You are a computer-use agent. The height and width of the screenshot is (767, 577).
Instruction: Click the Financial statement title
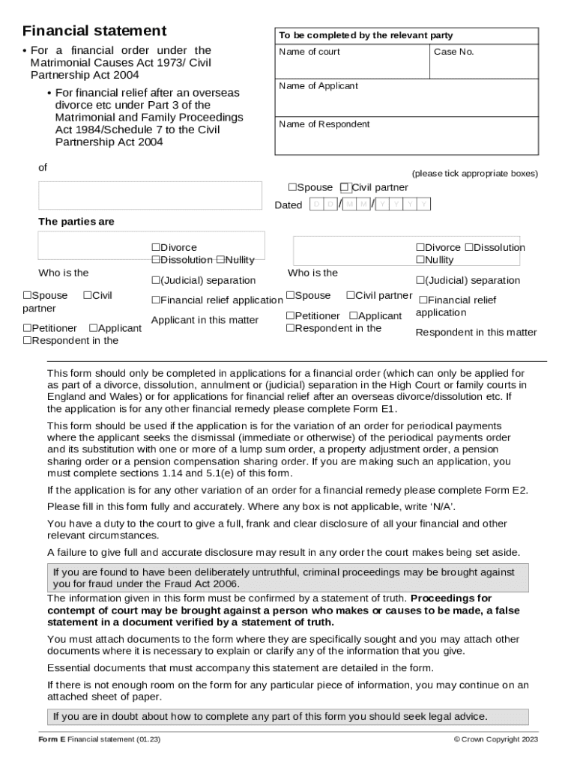point(94,31)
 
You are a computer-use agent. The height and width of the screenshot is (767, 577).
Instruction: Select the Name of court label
point(309,52)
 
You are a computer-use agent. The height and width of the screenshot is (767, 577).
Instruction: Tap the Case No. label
point(454,52)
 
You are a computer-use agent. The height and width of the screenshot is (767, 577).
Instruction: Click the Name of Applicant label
point(318,86)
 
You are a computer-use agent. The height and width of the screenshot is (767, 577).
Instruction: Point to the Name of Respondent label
point(324,124)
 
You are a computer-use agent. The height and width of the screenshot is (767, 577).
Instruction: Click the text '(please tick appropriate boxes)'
point(474,173)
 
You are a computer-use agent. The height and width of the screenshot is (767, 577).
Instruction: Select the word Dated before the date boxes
point(288,205)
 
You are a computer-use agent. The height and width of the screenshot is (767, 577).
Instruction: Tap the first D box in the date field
point(316,204)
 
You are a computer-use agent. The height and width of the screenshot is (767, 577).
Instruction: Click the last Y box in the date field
point(424,204)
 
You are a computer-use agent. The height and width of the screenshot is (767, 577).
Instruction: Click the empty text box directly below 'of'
point(150,195)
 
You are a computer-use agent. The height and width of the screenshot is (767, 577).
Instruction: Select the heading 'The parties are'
point(76,222)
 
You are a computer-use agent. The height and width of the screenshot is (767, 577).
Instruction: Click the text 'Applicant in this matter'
point(205,321)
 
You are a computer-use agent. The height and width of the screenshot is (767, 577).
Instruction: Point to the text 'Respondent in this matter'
point(476,333)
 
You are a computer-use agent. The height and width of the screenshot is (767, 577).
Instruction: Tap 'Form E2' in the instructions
point(507,490)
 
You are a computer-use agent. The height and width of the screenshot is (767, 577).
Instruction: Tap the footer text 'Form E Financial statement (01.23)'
point(100,740)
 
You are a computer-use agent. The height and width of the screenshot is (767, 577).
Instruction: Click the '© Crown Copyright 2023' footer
point(495,740)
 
